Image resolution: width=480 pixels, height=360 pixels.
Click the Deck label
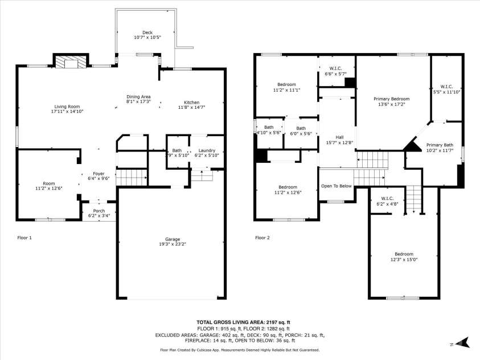click(147, 32)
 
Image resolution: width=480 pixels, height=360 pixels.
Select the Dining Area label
click(138, 96)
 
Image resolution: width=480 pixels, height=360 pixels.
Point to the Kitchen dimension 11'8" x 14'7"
click(191, 107)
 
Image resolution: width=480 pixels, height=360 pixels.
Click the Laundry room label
click(206, 150)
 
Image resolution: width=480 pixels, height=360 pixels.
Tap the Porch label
click(99, 211)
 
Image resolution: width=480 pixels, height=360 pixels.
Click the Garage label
click(173, 239)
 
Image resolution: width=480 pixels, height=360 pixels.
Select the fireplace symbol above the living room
click(71, 62)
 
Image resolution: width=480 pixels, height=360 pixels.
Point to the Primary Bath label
click(440, 145)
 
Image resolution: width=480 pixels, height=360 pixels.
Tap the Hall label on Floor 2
click(339, 137)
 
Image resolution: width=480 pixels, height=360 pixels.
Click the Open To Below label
click(336, 186)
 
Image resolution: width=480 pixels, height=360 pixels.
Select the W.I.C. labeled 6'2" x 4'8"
click(388, 199)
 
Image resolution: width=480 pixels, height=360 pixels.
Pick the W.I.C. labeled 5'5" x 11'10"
click(446, 87)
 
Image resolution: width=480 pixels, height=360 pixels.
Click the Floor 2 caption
click(263, 238)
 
